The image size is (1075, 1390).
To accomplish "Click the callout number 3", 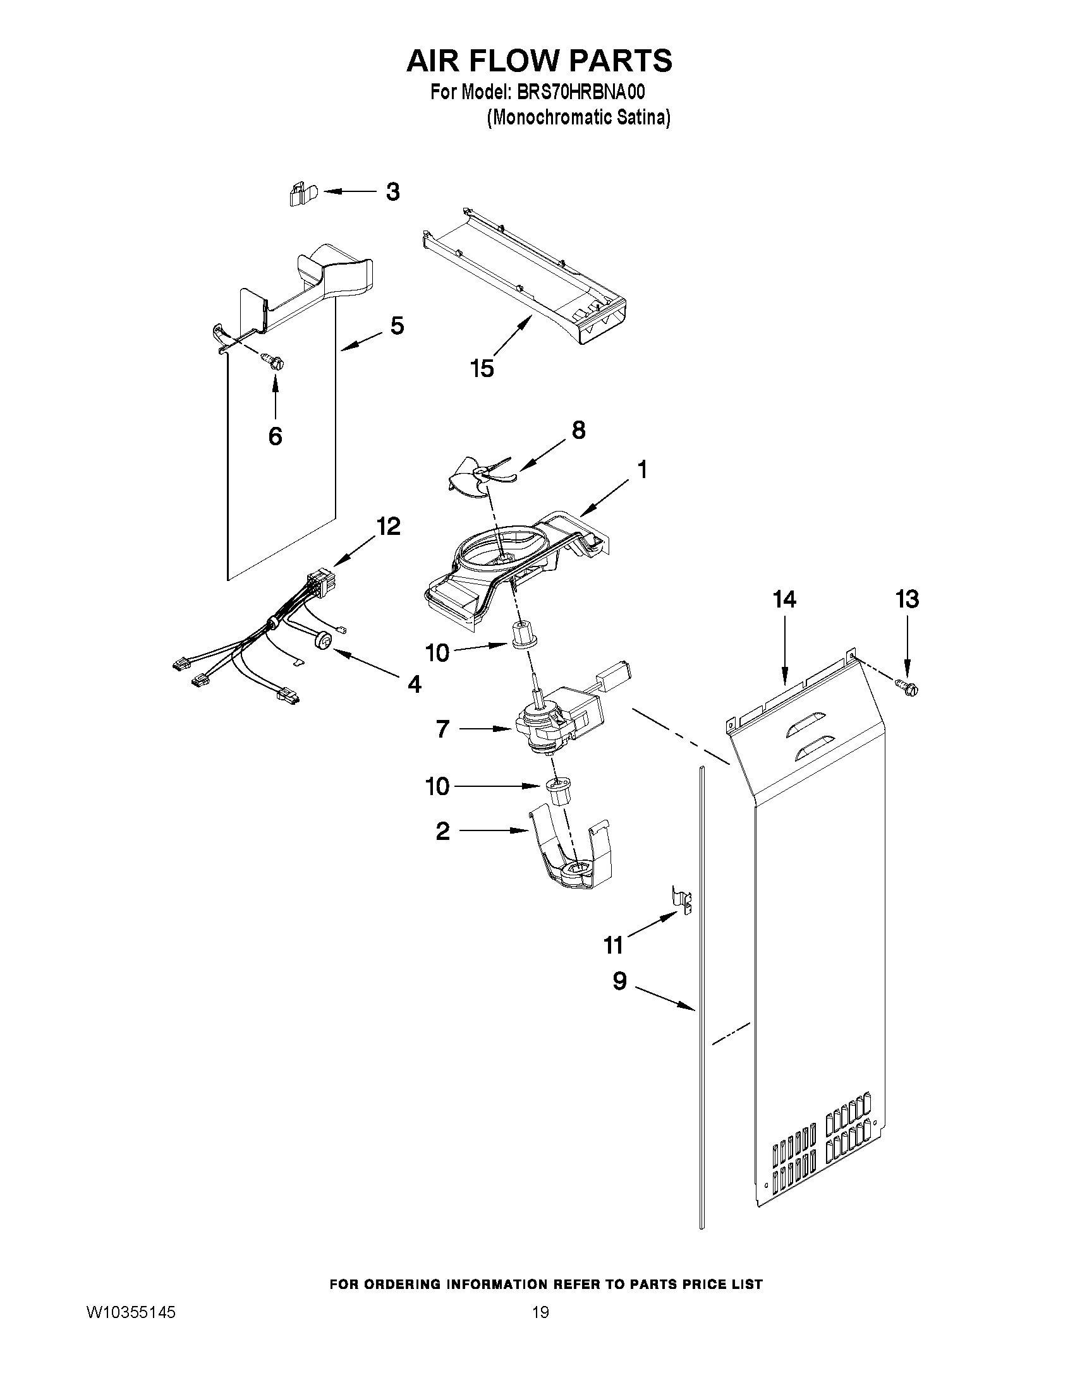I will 393,191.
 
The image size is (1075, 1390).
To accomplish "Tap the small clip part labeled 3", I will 298,194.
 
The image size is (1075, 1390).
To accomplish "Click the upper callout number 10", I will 437,653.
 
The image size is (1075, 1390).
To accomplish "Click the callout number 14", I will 784,599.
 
